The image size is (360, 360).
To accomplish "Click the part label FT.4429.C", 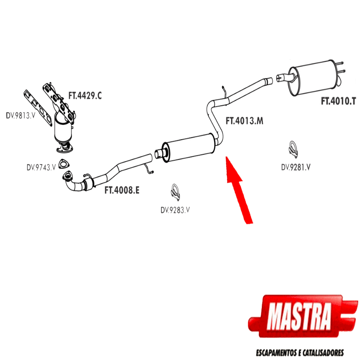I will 85,96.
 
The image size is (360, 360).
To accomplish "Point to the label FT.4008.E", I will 122,190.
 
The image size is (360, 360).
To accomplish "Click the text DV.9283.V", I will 175,210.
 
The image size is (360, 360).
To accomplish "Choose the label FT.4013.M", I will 244,121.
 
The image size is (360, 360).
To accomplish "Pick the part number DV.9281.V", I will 296,167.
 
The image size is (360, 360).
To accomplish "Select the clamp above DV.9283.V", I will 175,192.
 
